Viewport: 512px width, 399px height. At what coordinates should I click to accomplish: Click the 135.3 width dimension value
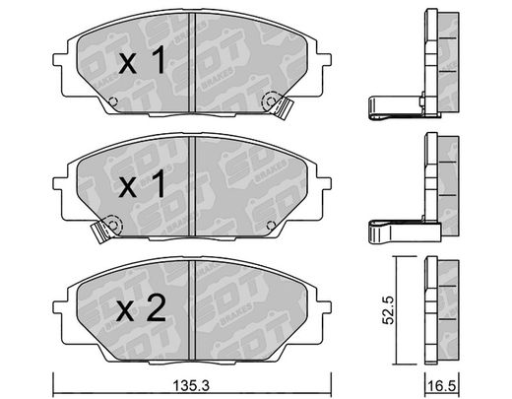[191, 385]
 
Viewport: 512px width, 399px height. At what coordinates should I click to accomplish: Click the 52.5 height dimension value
[389, 310]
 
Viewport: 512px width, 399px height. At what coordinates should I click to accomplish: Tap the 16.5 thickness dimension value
[442, 386]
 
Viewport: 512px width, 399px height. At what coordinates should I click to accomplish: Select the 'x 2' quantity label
[142, 310]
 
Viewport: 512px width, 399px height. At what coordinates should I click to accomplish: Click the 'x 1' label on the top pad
[142, 60]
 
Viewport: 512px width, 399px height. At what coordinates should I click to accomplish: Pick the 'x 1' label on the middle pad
[142, 185]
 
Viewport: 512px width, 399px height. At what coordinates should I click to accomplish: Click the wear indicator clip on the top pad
[285, 107]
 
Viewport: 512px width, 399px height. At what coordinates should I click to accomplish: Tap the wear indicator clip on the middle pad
[99, 232]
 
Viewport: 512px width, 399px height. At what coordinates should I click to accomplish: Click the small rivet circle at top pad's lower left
[113, 101]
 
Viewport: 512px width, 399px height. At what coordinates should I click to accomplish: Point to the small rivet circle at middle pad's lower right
[271, 225]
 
